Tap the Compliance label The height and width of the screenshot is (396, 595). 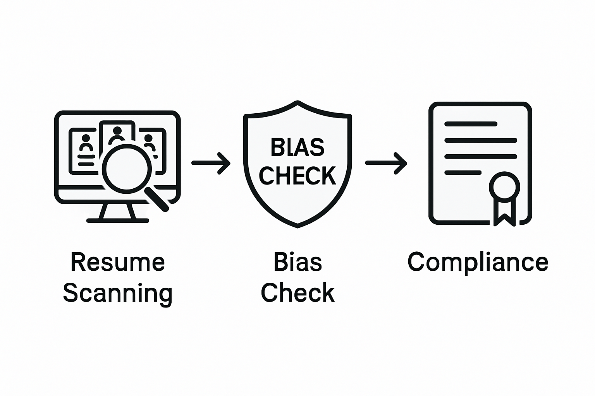point(478,263)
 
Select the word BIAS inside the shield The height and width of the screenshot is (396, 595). point(297,147)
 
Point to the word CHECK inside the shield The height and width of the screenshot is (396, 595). point(297,176)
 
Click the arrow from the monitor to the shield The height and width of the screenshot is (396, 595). point(211,163)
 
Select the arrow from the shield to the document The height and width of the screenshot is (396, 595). point(386,163)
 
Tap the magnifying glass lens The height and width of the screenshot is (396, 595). point(127,168)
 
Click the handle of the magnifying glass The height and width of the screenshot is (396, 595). point(158,199)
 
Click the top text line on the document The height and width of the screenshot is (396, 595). point(471,124)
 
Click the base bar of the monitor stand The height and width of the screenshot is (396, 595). point(117,221)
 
